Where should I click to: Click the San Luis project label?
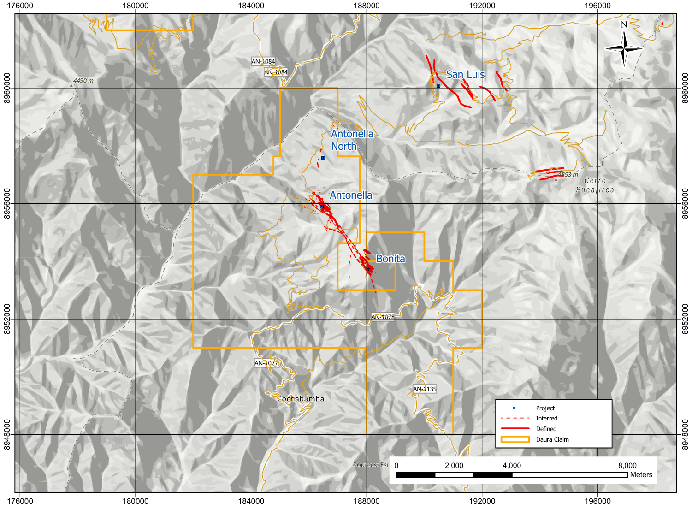pyautogui.click(x=465, y=75)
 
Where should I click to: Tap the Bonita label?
pyautogui.click(x=390, y=259)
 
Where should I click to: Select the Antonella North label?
pyautogui.click(x=352, y=140)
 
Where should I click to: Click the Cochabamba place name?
pyautogui.click(x=301, y=399)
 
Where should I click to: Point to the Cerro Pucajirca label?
pyautogui.click(x=595, y=185)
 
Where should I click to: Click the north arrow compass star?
pyautogui.click(x=624, y=48)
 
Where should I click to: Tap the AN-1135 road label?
pyautogui.click(x=425, y=389)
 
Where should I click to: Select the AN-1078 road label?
pyautogui.click(x=383, y=317)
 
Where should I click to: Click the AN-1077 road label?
pyautogui.click(x=266, y=363)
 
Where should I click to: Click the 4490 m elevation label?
pyautogui.click(x=83, y=81)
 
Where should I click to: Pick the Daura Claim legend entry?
pyautogui.click(x=552, y=440)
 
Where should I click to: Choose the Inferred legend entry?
pyautogui.click(x=546, y=419)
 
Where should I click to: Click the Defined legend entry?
pyautogui.click(x=546, y=429)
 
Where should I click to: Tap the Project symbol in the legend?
pyautogui.click(x=514, y=408)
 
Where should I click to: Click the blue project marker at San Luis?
pyautogui.click(x=438, y=86)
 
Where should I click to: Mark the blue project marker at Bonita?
pyautogui.click(x=368, y=270)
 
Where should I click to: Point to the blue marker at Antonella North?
pyautogui.click(x=323, y=158)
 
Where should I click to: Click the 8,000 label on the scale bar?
pyautogui.click(x=627, y=466)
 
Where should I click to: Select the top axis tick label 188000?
pyautogui.click(x=367, y=6)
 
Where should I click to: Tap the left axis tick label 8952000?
pyautogui.click(x=7, y=319)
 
